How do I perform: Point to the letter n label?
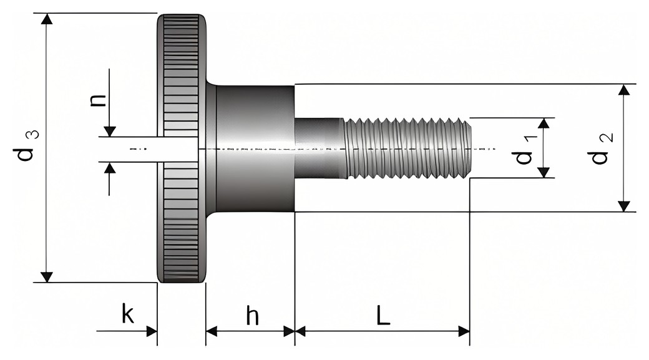[x=98, y=100]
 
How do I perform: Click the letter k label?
[x=129, y=314]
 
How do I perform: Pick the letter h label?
[x=253, y=316]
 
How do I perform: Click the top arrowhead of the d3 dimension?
[x=48, y=19]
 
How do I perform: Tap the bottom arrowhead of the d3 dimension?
[x=48, y=277]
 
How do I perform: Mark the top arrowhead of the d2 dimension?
[x=624, y=90]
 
